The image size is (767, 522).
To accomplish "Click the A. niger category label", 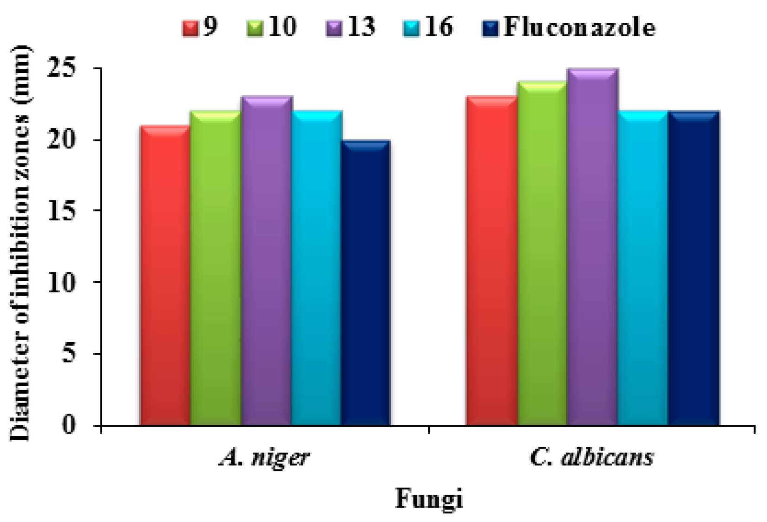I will pyautogui.click(x=264, y=458).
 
